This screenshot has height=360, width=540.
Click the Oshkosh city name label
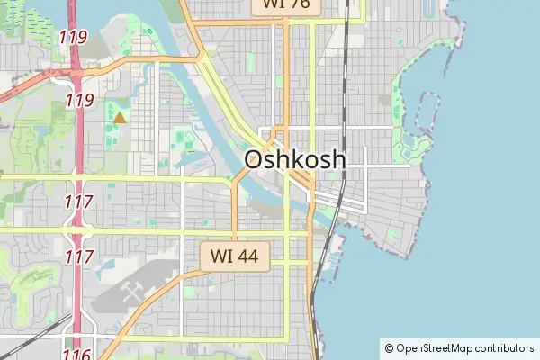[x=294, y=160]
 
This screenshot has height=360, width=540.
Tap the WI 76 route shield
[x=285, y=4]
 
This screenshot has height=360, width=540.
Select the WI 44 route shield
[x=234, y=256]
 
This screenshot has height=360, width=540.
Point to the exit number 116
[x=77, y=355]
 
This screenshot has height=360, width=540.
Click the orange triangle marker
[x=120, y=116]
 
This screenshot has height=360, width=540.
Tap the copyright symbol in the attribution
[x=389, y=348]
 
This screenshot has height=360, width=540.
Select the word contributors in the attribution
[x=504, y=348]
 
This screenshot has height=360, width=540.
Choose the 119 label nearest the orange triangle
[x=79, y=100]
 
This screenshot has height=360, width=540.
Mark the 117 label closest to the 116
[x=80, y=256]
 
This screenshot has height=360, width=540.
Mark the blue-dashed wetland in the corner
[x=18, y=18]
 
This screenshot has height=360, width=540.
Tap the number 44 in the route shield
[x=247, y=256]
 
